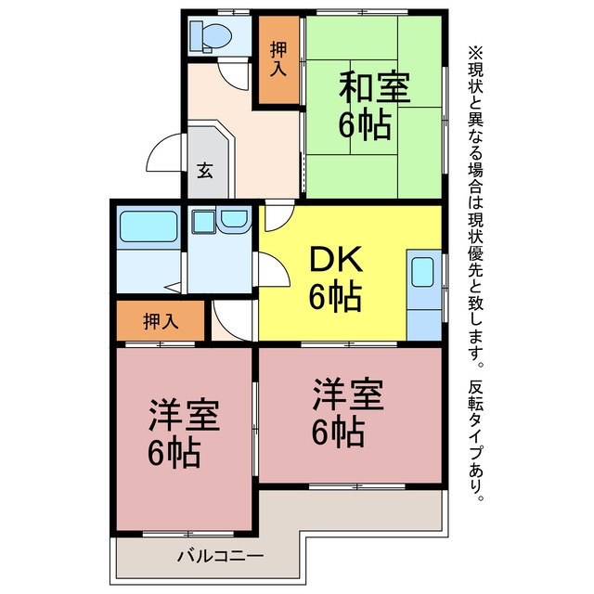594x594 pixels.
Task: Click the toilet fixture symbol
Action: pos(211,36)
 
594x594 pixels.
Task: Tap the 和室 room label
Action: pos(374,86)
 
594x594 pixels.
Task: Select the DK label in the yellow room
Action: pos(336,259)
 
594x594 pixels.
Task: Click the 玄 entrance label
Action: pos(205,171)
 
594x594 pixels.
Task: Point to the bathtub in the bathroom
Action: pos(148,226)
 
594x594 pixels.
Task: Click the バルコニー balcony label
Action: pos(221,556)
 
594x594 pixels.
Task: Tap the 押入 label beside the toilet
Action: pos(278,59)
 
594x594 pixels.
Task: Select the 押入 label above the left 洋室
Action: pos(161,322)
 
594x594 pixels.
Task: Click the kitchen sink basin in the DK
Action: pos(422,272)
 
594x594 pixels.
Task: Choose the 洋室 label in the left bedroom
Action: pos(184,415)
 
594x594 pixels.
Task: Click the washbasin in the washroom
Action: pos(235,219)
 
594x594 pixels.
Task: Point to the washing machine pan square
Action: pos(204,222)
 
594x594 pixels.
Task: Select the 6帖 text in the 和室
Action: pos(365,124)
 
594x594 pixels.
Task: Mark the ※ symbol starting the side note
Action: pos(475,54)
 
